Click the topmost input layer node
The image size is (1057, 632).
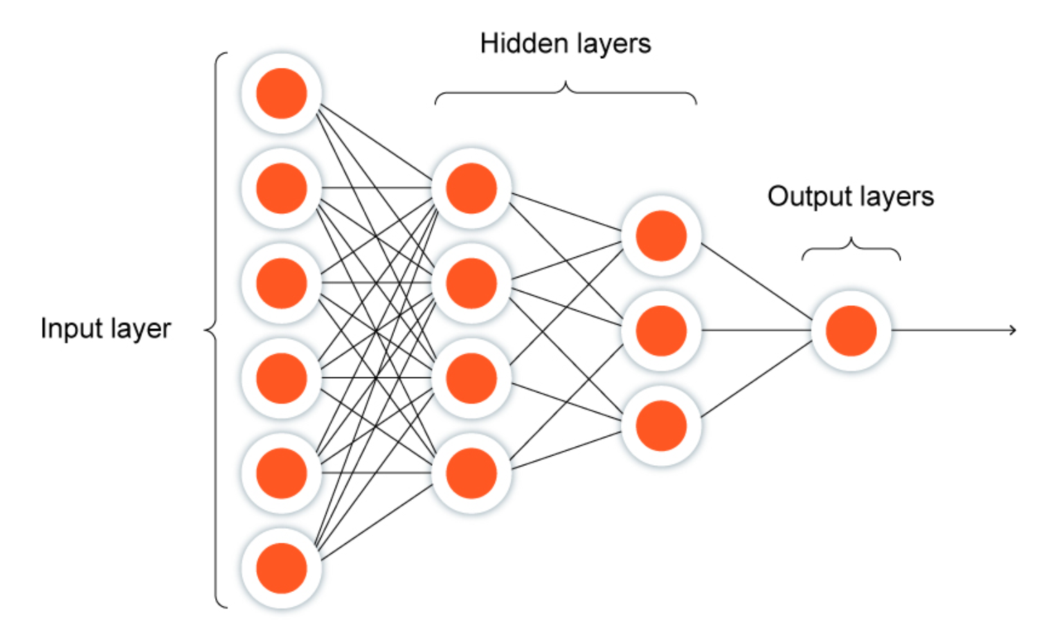(281, 93)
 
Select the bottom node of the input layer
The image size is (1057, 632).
(281, 568)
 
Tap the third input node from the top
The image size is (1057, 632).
(281, 283)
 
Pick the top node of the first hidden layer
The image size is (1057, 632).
(471, 188)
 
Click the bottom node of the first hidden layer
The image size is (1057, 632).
(471, 473)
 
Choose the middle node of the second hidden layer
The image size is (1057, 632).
(661, 331)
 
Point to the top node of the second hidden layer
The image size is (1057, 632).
(661, 235)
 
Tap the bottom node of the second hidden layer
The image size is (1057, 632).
(661, 426)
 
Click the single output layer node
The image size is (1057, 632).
(851, 331)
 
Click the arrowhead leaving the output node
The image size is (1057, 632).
(1012, 330)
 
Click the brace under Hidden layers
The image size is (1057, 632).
(566, 93)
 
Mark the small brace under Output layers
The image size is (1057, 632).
(851, 249)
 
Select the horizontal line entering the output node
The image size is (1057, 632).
(757, 330)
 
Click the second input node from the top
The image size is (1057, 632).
(281, 188)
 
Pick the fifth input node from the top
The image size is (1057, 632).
(281, 473)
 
